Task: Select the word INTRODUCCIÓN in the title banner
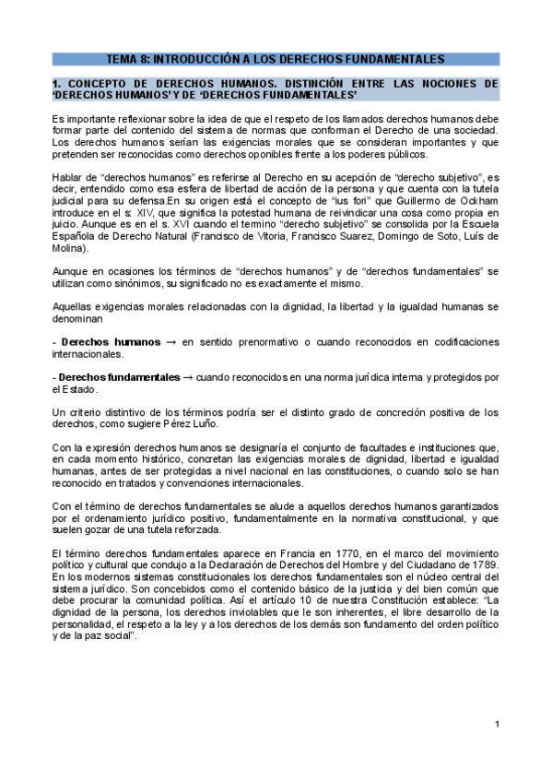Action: pyautogui.click(x=203, y=59)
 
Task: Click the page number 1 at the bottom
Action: pyautogui.click(x=496, y=724)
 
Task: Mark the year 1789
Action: pyautogui.click(x=481, y=565)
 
